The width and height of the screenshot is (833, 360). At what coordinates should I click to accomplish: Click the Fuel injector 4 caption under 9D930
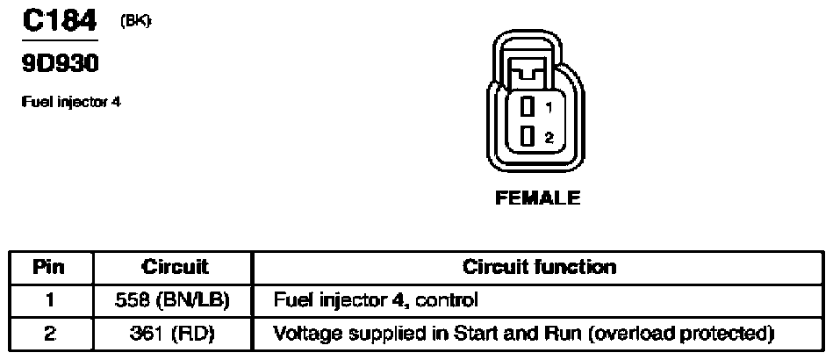[x=70, y=102]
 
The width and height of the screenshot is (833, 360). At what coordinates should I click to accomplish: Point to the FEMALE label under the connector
[x=538, y=198]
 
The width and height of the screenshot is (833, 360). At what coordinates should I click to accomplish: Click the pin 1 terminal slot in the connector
[x=527, y=108]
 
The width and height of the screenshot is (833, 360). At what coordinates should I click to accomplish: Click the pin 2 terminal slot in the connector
[x=527, y=136]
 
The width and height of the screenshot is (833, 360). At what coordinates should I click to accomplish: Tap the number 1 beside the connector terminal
[x=549, y=108]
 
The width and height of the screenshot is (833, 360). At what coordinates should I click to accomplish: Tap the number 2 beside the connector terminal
[x=549, y=137]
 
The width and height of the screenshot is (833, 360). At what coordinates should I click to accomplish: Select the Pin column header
[x=51, y=267]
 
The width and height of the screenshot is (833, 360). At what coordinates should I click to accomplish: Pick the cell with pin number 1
[x=51, y=300]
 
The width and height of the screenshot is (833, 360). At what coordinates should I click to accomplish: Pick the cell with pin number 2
[x=51, y=334]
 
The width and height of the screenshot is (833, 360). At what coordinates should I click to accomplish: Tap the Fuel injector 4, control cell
[x=377, y=300]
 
